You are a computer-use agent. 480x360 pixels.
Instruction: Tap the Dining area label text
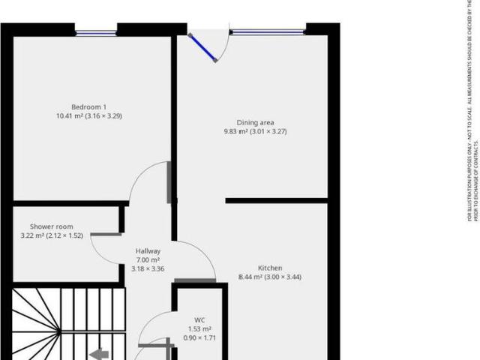tap(255, 122)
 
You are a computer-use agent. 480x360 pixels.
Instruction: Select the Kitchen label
tap(270, 268)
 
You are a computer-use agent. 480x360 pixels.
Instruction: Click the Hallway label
tap(148, 251)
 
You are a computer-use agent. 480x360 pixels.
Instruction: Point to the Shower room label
tap(51, 226)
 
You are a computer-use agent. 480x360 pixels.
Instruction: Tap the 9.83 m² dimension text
tap(237, 132)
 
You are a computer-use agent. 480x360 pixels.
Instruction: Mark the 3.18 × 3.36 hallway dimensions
tap(148, 268)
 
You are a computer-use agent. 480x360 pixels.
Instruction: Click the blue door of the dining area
tap(202, 46)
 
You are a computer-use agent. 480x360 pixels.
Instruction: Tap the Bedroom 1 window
tap(96, 32)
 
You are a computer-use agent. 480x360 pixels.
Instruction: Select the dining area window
tap(267, 32)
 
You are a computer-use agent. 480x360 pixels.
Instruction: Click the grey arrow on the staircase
tap(98, 354)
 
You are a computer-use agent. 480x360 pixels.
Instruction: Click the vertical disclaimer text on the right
tap(473, 112)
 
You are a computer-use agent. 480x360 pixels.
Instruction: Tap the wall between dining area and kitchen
tap(276, 200)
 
